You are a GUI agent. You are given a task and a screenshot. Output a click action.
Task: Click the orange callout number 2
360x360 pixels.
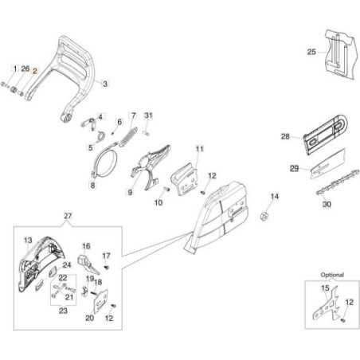34,70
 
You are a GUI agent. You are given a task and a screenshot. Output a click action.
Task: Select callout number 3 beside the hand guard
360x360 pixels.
106,83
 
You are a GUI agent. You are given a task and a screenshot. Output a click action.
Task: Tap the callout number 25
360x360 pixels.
311,52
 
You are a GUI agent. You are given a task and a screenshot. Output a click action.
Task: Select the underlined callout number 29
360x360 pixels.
294,168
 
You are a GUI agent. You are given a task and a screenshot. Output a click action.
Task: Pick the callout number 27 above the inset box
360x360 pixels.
68,216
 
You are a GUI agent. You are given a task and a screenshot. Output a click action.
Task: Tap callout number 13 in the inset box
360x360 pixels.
27,240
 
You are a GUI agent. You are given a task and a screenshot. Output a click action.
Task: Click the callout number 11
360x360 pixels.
200,149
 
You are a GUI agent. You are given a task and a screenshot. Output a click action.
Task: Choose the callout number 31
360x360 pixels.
148,115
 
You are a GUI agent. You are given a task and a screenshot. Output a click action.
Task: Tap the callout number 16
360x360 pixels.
86,247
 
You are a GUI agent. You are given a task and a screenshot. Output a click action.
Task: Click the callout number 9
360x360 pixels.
129,192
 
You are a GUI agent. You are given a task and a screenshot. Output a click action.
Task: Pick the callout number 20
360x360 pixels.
90,318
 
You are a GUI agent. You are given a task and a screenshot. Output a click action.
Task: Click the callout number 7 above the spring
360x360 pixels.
133,115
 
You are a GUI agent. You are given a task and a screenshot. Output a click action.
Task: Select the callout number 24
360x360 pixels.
68,266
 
